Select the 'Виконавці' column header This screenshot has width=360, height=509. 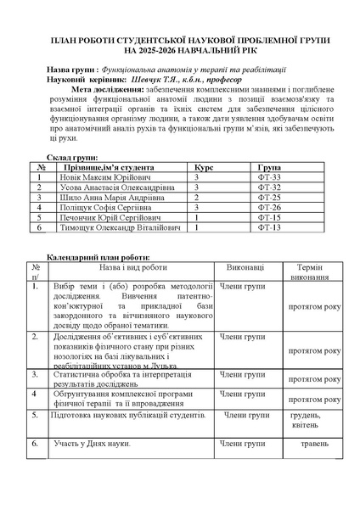click(245, 266)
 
